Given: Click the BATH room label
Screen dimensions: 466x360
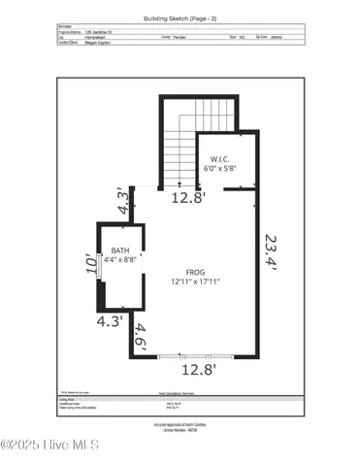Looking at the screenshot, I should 118,250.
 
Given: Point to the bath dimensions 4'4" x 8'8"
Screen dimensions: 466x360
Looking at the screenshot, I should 120,260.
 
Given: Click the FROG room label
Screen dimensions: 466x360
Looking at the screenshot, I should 194,272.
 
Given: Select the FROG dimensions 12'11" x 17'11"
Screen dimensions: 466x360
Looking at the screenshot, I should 194,282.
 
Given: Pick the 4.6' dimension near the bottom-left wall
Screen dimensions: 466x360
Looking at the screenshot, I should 142,335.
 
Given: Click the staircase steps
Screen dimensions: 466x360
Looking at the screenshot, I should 179,155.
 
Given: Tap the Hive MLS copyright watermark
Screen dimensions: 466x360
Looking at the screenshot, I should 50,445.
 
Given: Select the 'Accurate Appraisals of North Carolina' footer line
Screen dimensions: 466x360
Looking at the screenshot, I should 180,425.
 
